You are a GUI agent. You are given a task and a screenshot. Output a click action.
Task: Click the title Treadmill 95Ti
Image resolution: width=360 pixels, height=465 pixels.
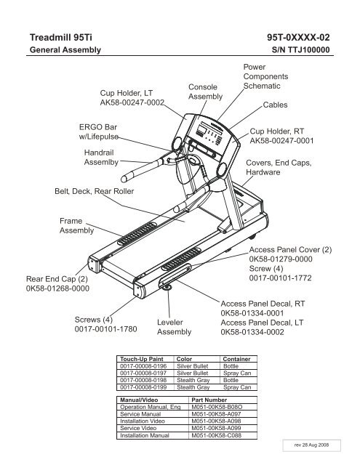click(61, 38)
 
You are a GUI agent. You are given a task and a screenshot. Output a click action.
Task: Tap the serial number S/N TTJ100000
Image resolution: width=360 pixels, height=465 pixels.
click(300, 49)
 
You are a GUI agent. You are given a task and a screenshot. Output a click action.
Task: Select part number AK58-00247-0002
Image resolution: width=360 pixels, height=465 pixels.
click(132, 102)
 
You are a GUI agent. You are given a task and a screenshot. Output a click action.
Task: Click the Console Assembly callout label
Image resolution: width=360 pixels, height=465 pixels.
click(205, 92)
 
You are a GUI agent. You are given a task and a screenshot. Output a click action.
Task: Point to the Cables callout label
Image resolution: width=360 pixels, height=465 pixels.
click(275, 105)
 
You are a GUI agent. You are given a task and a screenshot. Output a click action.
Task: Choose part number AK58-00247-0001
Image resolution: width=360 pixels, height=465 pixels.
click(281, 140)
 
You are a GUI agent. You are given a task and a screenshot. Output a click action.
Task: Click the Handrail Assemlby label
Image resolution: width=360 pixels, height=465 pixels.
click(101, 157)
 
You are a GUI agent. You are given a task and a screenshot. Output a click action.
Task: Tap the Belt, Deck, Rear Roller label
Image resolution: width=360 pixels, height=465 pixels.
click(94, 191)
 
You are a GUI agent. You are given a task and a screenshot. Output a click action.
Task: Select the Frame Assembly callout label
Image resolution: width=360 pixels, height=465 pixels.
click(76, 226)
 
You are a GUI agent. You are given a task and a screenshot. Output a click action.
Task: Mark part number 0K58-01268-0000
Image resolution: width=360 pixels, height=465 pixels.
click(57, 288)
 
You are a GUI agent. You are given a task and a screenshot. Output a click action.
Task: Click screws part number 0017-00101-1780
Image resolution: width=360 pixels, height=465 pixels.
click(105, 329)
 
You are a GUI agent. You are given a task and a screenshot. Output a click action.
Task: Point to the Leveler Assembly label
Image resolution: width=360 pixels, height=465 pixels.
click(174, 327)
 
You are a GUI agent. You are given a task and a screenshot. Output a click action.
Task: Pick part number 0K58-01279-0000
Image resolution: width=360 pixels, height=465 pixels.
click(281, 259)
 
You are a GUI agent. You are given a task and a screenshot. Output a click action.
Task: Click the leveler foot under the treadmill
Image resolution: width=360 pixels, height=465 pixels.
click(168, 287)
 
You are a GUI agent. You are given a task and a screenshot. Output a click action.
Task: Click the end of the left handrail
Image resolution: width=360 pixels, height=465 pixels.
click(124, 179)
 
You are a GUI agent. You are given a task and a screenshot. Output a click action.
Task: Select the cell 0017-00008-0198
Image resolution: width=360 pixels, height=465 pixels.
click(143, 380)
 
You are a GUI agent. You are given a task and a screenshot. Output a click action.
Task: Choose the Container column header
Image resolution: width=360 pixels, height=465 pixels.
click(236, 359)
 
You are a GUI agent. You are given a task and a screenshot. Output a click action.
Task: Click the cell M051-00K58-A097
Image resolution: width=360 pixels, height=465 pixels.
click(216, 414)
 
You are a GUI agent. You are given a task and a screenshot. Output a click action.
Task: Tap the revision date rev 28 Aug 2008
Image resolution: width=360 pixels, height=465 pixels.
click(311, 445)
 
